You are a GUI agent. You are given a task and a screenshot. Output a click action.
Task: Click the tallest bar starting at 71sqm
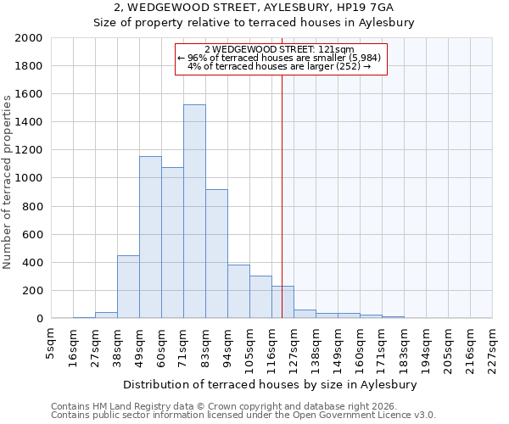[x=194, y=212]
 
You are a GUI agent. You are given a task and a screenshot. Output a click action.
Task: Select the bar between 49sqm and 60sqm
[x=150, y=237]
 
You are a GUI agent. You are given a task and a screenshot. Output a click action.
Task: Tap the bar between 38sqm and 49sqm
[x=128, y=287]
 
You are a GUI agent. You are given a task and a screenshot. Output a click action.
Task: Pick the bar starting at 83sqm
[x=216, y=254]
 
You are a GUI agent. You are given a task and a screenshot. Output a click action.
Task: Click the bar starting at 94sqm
[x=238, y=292]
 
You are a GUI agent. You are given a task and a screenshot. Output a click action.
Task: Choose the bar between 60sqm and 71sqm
[x=172, y=243]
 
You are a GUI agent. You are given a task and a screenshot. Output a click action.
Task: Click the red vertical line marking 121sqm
[x=282, y=187]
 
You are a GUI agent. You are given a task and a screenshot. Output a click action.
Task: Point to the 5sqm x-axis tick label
[x=52, y=343]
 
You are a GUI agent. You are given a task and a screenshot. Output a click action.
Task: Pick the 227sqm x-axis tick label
[x=493, y=347]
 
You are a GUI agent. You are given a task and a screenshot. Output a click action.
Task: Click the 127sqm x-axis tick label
[x=294, y=347]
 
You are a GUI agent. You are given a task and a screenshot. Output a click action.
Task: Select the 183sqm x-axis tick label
[x=405, y=347]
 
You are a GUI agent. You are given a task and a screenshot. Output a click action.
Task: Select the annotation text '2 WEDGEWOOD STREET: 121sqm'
[x=280, y=50]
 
